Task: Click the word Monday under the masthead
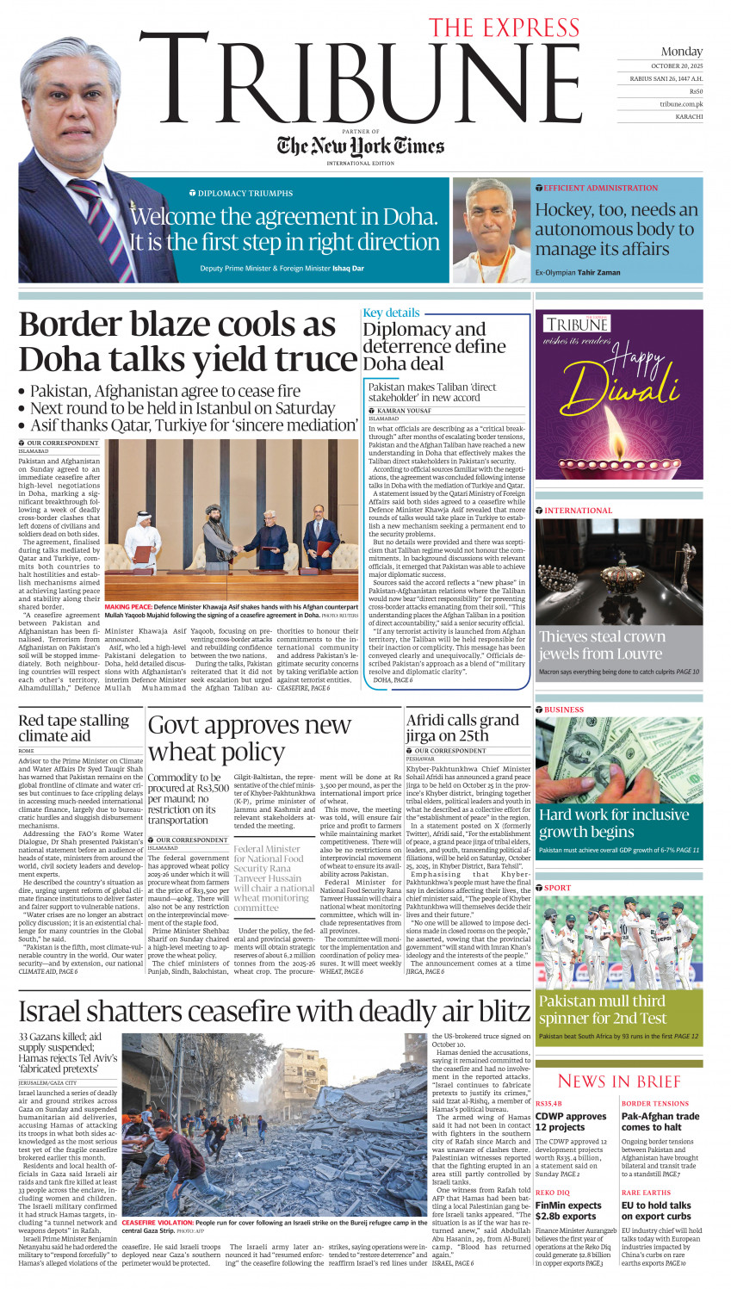(x=682, y=52)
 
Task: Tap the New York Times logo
(x=360, y=146)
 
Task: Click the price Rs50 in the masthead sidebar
(x=696, y=91)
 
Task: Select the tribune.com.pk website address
(x=681, y=103)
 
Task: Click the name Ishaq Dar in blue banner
(x=348, y=269)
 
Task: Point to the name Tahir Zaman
(x=598, y=272)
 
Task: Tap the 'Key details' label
(x=391, y=313)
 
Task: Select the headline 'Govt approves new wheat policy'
(x=250, y=738)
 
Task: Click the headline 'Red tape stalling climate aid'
(x=73, y=728)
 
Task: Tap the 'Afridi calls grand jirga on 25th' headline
(x=462, y=728)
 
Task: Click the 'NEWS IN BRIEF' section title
(x=619, y=1081)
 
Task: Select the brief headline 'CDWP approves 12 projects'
(x=570, y=1121)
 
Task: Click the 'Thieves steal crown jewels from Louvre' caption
(x=602, y=645)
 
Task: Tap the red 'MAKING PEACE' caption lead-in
(x=128, y=607)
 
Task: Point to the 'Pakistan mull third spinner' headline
(x=601, y=1009)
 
